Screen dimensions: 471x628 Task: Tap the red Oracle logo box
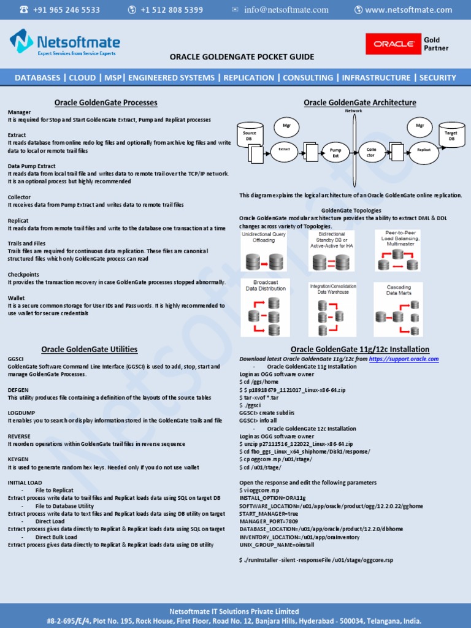click(x=392, y=44)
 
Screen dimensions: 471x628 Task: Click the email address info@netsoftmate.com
click(x=286, y=10)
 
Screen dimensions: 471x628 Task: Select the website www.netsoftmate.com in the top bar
click(x=408, y=10)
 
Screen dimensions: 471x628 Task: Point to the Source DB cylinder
click(x=250, y=134)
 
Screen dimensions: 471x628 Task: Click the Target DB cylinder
click(x=451, y=135)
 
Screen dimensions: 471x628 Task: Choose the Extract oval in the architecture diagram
click(x=284, y=149)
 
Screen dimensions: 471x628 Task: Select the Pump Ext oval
click(x=335, y=153)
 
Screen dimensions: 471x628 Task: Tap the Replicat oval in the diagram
click(x=424, y=149)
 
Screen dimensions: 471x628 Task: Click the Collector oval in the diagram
click(x=371, y=153)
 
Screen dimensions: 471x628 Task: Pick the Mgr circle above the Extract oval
click(x=286, y=126)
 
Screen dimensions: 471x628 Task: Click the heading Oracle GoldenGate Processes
click(x=105, y=102)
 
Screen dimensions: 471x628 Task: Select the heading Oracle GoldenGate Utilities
click(x=90, y=350)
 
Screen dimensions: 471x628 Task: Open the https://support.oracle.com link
click(x=404, y=359)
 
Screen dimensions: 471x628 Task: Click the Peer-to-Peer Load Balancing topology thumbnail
click(x=397, y=251)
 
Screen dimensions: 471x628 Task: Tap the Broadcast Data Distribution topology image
click(x=265, y=307)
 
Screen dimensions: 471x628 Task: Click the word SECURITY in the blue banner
click(x=437, y=78)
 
